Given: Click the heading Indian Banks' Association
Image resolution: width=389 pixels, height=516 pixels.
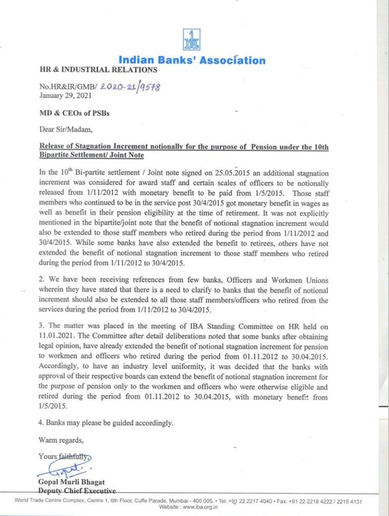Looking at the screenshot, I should [x=191, y=60].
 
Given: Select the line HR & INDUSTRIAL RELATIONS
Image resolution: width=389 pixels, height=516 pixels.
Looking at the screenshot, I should [x=98, y=70].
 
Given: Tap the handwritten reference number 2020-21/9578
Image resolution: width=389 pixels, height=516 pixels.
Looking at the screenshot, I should [x=130, y=87].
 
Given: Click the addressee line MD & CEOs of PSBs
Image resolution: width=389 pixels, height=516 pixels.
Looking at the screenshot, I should [x=74, y=113].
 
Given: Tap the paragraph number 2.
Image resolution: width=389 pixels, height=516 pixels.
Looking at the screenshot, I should [x=41, y=281].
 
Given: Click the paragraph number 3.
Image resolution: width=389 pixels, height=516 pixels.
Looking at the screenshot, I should [x=41, y=327].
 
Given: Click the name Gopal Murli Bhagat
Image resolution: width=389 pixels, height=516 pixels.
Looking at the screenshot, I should [x=71, y=482].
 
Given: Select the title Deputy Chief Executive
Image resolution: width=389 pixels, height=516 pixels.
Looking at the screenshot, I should [x=77, y=491].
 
